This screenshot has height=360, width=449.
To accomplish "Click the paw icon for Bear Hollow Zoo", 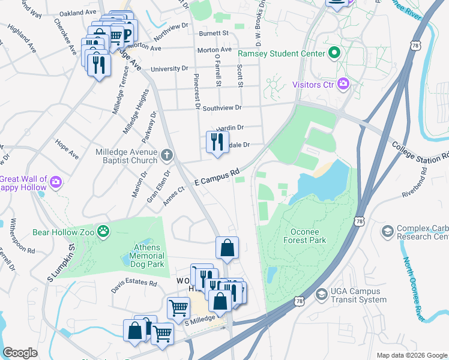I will pyautogui.click(x=104, y=230).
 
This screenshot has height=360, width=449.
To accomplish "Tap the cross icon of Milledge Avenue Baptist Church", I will pyautogui.click(x=167, y=155).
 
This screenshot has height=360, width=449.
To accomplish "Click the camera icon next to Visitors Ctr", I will pyautogui.click(x=343, y=84).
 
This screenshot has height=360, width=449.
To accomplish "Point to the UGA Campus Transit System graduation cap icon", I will pyautogui.click(x=322, y=295).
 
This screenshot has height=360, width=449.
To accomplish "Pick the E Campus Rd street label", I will pyautogui.click(x=217, y=177).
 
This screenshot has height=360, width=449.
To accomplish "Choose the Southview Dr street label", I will pyautogui.click(x=221, y=108).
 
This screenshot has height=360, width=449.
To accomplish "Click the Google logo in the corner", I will pyautogui.click(x=20, y=353).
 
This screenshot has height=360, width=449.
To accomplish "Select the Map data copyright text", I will pyautogui.click(x=412, y=355).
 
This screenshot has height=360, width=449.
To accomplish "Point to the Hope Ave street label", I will pyautogui.click(x=66, y=150).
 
